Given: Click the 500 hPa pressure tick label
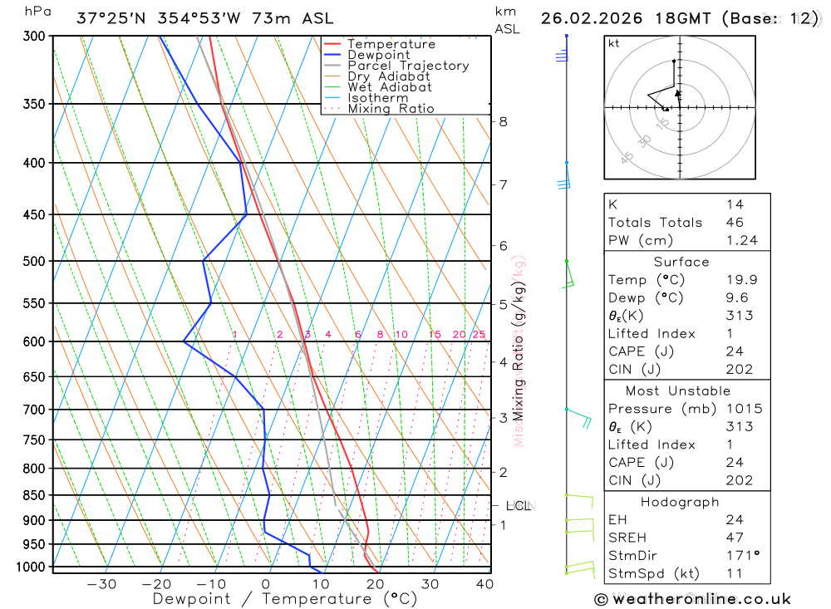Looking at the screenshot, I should pyautogui.click(x=34, y=261).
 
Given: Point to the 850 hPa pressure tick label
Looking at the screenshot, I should pyautogui.click(x=34, y=495).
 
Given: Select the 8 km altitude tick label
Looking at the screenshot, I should pyautogui.click(x=503, y=121).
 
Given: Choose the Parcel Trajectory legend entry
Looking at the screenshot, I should pyautogui.click(x=408, y=66).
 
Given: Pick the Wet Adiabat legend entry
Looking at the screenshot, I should pyautogui.click(x=390, y=87).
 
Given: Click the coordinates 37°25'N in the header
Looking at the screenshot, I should pyautogui.click(x=109, y=18).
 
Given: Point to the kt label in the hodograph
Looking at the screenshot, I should pyautogui.click(x=614, y=43).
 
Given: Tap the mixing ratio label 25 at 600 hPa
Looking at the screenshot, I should pyautogui.click(x=479, y=335).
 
